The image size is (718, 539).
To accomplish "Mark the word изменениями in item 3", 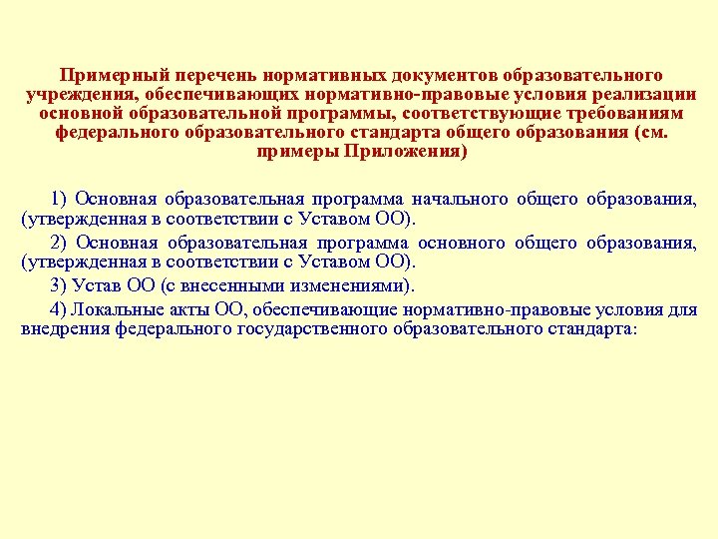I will coord(347,285).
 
